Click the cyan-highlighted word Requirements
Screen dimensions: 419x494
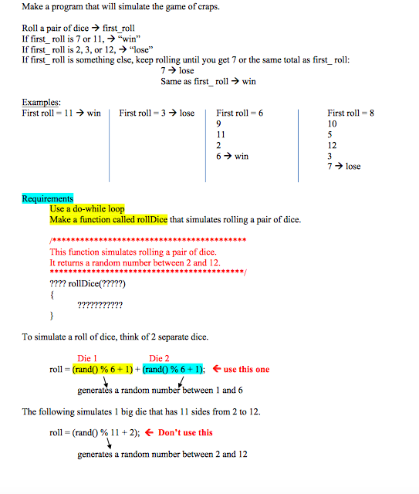tap(47, 198)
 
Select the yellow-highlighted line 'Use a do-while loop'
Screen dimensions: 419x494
tap(86, 209)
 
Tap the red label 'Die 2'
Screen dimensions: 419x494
tap(160, 358)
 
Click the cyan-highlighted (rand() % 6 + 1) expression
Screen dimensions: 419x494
tap(174, 369)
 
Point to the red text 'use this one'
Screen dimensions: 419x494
tap(247, 369)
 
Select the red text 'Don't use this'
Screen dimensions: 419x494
tap(185, 432)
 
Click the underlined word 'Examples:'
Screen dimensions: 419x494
tap(41, 103)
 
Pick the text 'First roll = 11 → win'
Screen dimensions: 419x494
tap(62, 113)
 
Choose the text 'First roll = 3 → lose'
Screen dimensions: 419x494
tap(157, 113)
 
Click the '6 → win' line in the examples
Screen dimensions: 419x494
tap(232, 156)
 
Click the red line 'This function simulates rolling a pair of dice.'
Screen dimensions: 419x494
tap(133, 252)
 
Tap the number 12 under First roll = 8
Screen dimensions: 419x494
tap(332, 145)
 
